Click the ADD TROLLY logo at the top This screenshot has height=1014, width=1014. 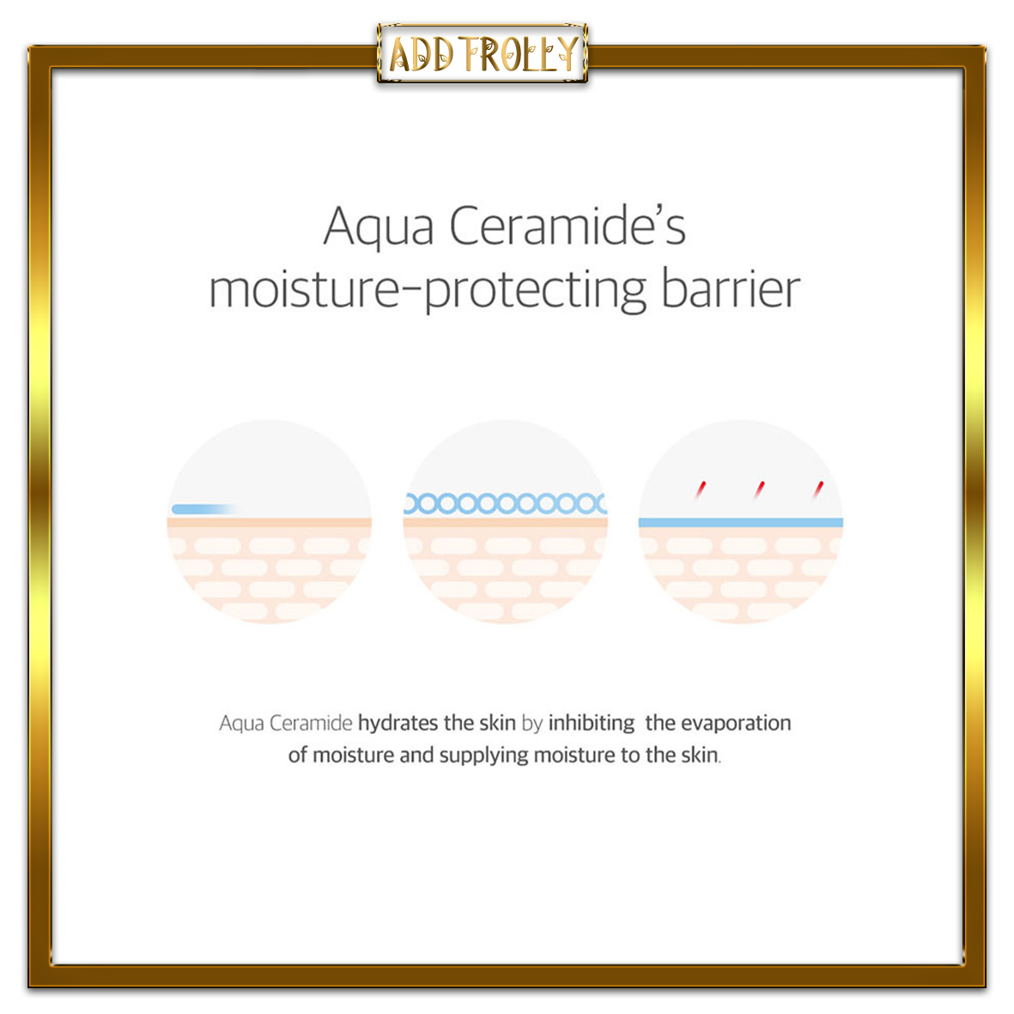[x=483, y=54]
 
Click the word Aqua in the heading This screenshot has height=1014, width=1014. [x=379, y=228]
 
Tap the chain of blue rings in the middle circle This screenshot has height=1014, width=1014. [x=506, y=503]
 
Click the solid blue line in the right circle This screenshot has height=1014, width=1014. [x=740, y=523]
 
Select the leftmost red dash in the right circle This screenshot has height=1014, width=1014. [x=701, y=489]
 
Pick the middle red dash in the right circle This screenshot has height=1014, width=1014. [x=759, y=489]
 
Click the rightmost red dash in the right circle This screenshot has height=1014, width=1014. [x=819, y=489]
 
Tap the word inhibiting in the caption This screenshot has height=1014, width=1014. [x=591, y=724]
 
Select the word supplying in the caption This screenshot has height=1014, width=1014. [x=483, y=756]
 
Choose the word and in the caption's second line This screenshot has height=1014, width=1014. [x=416, y=755]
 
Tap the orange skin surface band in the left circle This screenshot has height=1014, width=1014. [x=269, y=523]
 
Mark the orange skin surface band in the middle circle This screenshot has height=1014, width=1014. [x=506, y=523]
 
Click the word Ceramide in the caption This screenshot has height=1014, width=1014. [x=311, y=723]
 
